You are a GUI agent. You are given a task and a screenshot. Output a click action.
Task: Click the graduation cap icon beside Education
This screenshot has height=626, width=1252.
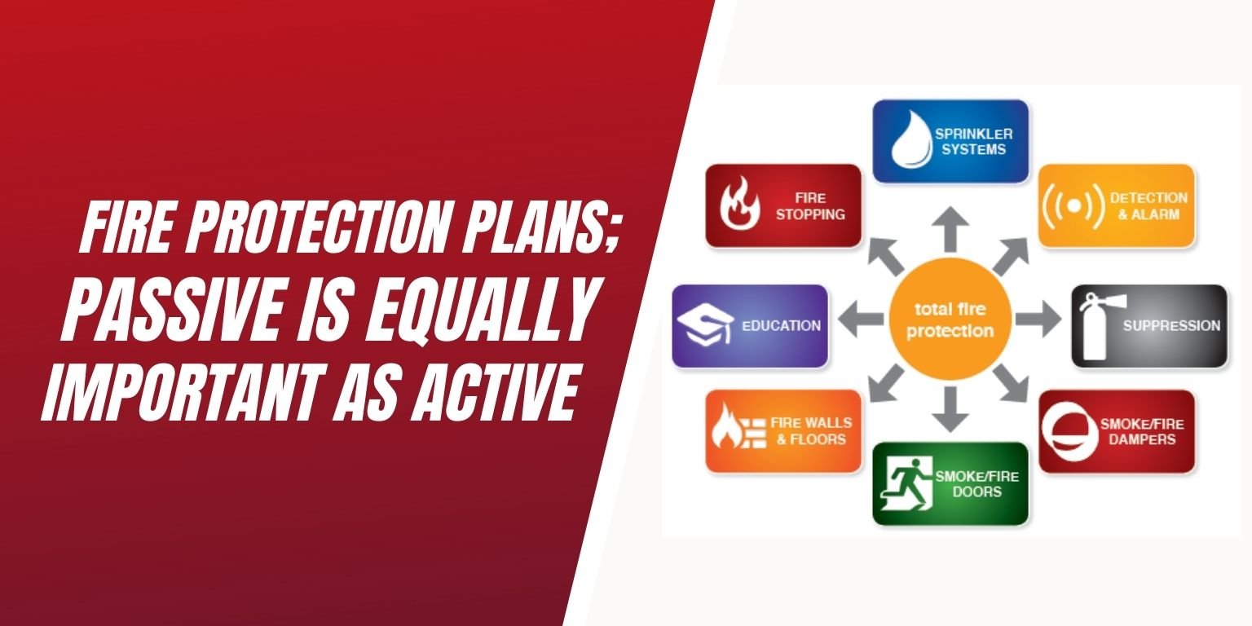click(705, 325)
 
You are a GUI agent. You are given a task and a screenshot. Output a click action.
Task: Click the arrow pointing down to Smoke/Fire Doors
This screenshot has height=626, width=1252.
click(949, 410)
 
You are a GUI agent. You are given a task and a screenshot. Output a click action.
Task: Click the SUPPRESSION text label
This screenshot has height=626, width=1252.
click(1171, 326)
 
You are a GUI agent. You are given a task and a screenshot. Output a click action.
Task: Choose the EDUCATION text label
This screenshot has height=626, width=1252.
click(781, 326)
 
